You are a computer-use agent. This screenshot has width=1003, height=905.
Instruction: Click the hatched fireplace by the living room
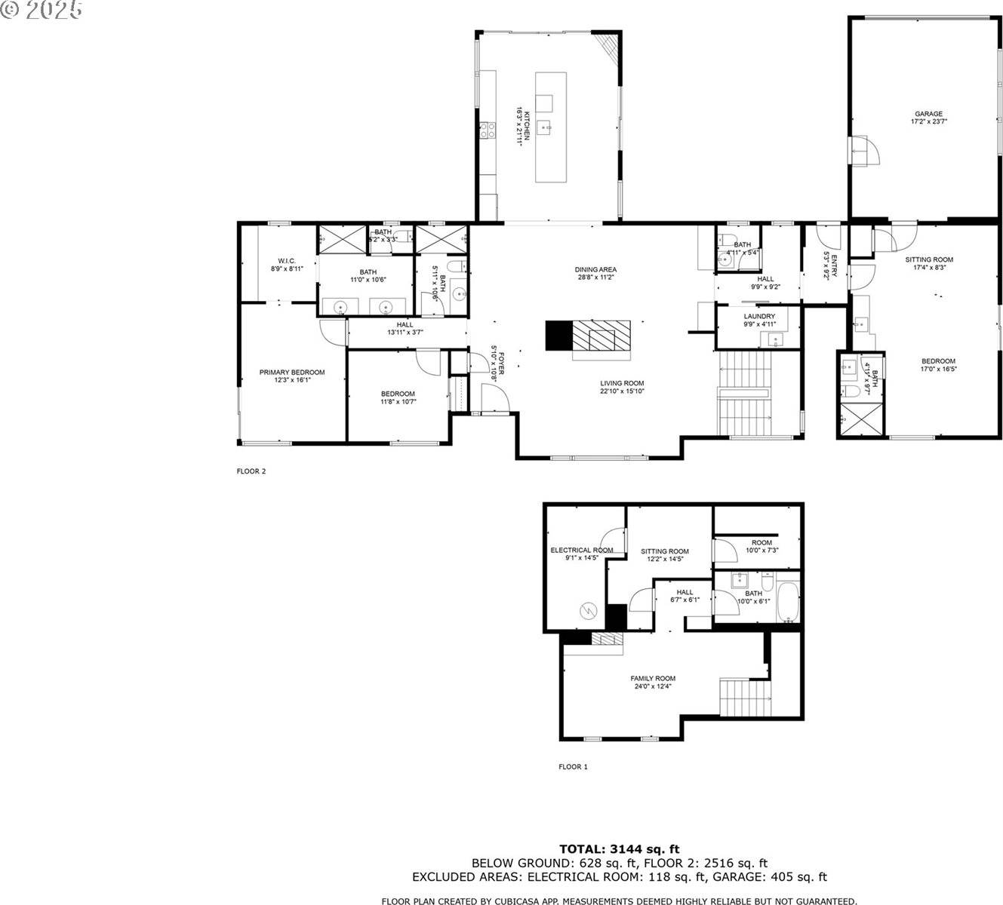(x=600, y=335)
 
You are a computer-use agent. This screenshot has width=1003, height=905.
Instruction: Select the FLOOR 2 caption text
(x=251, y=471)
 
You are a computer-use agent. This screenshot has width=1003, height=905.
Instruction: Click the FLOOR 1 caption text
(x=572, y=767)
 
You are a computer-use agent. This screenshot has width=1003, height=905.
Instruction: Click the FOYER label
(x=494, y=364)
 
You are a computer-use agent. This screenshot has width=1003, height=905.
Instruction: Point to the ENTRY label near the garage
(x=829, y=265)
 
